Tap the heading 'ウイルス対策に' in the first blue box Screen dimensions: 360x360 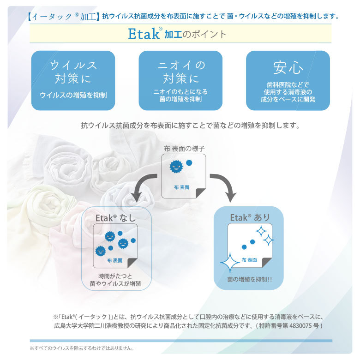[73, 72]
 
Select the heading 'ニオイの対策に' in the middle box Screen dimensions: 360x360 [181, 72]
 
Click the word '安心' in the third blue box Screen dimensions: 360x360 [288, 68]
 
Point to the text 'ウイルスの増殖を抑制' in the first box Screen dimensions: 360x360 [73, 95]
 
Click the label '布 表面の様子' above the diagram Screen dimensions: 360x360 [184, 149]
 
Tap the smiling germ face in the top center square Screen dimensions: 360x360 [176, 167]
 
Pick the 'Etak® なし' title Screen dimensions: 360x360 [116, 218]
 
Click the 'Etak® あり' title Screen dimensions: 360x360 [250, 217]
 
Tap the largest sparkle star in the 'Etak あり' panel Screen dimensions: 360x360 [230, 263]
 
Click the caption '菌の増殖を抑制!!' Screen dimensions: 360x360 [250, 279]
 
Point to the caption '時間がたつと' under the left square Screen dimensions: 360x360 [115, 276]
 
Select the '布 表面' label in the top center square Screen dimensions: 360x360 [181, 187]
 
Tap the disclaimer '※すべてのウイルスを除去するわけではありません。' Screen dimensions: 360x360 [82, 348]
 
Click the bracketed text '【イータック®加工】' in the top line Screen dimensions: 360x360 [63, 17]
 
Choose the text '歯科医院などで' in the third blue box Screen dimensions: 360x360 [288, 85]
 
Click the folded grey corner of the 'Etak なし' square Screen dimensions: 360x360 [133, 262]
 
